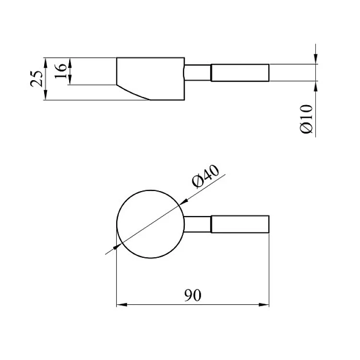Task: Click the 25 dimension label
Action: click(36, 79)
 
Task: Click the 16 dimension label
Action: click(60, 71)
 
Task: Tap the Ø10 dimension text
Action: click(307, 119)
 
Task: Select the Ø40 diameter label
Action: click(205, 176)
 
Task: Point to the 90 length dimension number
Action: click(193, 295)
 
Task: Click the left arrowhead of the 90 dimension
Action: click(122, 305)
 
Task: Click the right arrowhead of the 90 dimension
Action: click(264, 305)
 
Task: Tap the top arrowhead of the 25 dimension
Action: click(46, 63)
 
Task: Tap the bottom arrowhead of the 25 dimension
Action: click(46, 95)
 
